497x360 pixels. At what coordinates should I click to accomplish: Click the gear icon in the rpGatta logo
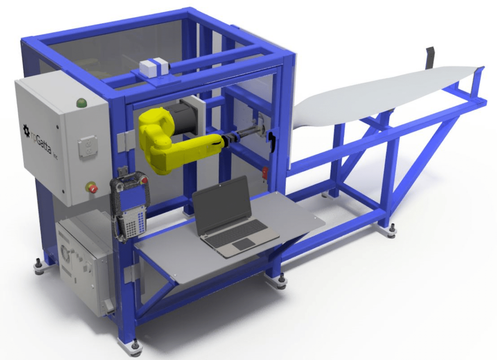point(26,128)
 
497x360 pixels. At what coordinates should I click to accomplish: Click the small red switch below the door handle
point(265,171)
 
